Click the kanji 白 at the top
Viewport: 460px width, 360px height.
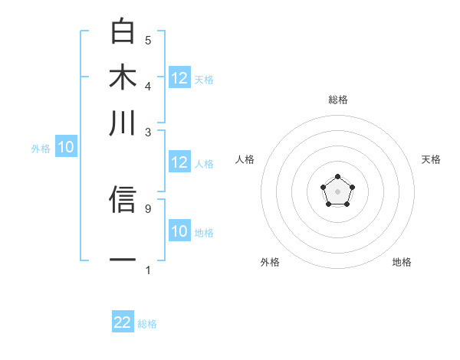(x=123, y=32)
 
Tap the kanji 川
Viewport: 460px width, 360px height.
(x=123, y=123)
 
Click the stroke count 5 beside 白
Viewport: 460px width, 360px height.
(x=148, y=40)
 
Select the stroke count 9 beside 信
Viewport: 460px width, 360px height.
(x=148, y=207)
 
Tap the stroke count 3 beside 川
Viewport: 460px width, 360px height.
(x=148, y=132)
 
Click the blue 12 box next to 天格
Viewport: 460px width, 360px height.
(x=179, y=77)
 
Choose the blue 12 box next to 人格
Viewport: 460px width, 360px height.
(x=179, y=162)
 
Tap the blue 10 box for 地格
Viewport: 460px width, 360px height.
(x=179, y=231)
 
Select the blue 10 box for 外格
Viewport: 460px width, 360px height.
(x=66, y=148)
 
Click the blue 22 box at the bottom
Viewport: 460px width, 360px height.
(x=123, y=322)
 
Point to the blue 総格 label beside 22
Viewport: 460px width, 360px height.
(x=147, y=324)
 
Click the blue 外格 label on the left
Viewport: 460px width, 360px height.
(x=41, y=149)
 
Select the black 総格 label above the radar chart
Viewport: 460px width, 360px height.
(x=337, y=100)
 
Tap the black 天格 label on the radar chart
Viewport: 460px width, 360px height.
(x=431, y=159)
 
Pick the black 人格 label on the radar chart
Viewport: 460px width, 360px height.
(x=245, y=159)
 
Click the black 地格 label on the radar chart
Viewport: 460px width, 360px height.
(x=402, y=262)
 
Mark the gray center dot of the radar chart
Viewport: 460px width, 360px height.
(x=337, y=191)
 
